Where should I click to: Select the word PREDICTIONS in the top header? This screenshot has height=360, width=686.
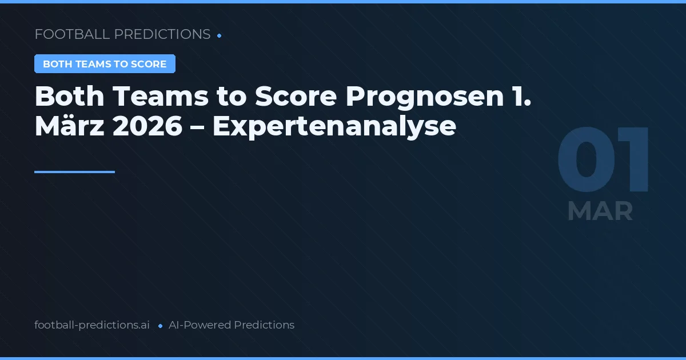[162, 34]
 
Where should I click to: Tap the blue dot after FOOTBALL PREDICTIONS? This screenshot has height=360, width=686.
[220, 35]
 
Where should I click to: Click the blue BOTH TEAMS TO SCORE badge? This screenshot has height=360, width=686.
[105, 64]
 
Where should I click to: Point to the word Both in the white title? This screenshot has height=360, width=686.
[68, 97]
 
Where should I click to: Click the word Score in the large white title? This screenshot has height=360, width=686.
[296, 97]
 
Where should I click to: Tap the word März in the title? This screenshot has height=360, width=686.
[69, 126]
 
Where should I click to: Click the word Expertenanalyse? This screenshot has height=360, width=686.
[334, 126]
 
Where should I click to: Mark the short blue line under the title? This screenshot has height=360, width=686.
[74, 171]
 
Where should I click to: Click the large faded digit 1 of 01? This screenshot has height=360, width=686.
[635, 161]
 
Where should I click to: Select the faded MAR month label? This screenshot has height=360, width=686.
[600, 211]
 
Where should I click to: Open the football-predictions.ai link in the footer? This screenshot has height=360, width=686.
[92, 325]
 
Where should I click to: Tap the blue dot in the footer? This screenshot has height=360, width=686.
[160, 326]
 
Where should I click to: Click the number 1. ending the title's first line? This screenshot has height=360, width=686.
[521, 97]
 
